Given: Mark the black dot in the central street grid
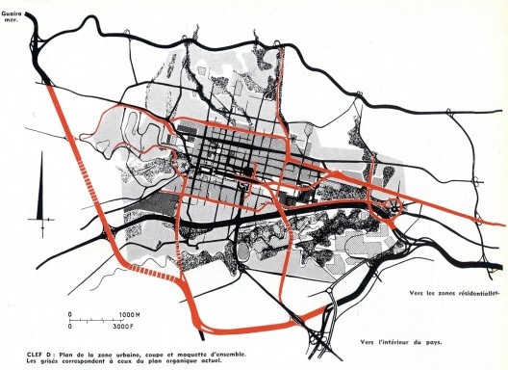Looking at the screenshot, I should [x=244, y=173].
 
